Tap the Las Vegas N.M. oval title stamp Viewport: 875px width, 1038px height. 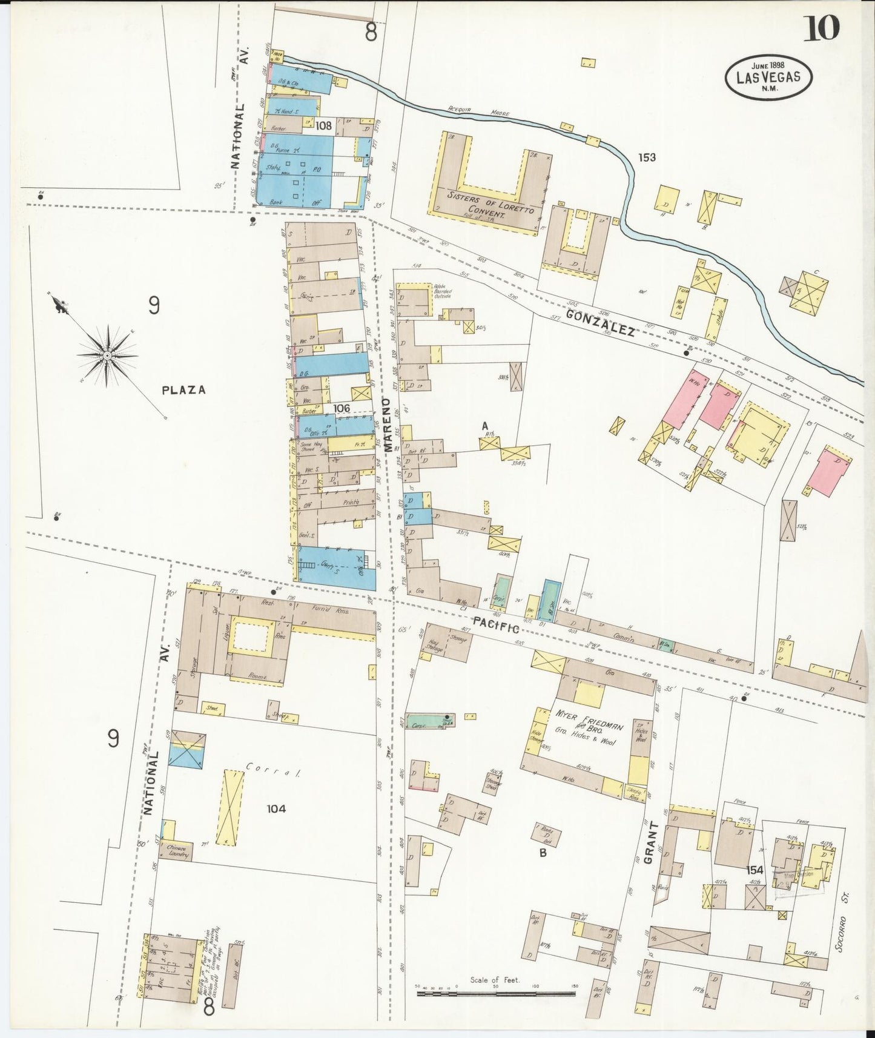768,77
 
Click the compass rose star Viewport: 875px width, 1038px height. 107,355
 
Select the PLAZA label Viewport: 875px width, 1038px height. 183,391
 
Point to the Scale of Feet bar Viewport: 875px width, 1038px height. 495,994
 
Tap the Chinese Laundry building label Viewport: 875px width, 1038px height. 176,852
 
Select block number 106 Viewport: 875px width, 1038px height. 342,409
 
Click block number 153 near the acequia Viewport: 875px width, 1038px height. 647,157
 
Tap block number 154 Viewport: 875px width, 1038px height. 754,870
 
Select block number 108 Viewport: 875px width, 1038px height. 324,126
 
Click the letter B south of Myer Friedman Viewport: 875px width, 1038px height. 543,853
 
